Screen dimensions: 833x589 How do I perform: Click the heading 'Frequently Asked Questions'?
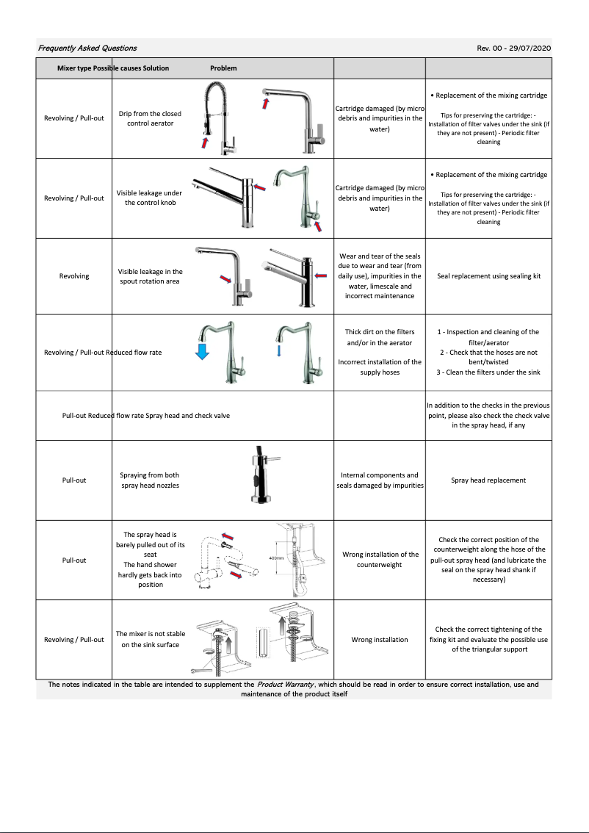click(87, 48)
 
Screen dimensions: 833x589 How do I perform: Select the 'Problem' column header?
click(223, 68)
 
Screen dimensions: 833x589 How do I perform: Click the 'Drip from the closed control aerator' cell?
click(150, 118)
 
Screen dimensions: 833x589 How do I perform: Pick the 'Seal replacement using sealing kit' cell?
click(488, 276)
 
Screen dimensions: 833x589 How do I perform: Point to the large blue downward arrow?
click(203, 352)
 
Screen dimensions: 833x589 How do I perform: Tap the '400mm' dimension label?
click(276, 558)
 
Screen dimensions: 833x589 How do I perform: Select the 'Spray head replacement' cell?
click(488, 480)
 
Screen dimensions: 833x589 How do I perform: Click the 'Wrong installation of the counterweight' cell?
click(380, 560)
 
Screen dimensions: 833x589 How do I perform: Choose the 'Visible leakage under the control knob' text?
click(150, 198)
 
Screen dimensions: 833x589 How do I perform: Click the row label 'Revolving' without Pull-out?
click(74, 276)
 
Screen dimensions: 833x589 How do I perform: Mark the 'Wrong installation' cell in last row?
click(380, 640)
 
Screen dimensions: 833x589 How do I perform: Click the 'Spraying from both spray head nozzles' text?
click(150, 480)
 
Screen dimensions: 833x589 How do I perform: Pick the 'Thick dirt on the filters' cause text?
click(380, 337)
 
